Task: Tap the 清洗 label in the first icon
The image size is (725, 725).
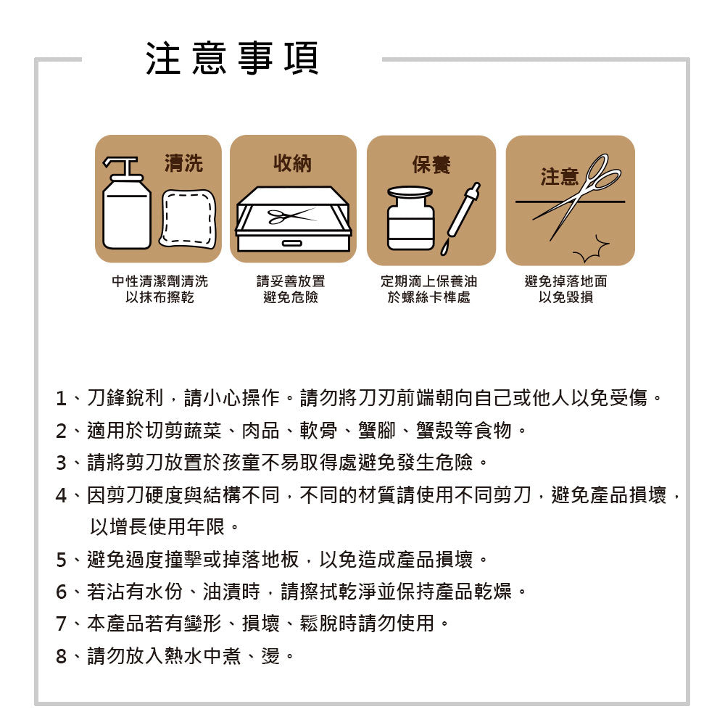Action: pos(183,164)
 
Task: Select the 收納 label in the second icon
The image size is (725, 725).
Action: pos(292,164)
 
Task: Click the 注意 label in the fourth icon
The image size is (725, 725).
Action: pos(559,177)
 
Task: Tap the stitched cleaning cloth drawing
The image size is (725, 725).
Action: pos(188,218)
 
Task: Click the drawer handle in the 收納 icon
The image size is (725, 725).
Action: pos(292,242)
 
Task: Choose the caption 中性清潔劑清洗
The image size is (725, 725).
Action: pos(159,281)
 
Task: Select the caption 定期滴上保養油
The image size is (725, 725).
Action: pos(429,281)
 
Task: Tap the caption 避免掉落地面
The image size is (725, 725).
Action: pos(565,281)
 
